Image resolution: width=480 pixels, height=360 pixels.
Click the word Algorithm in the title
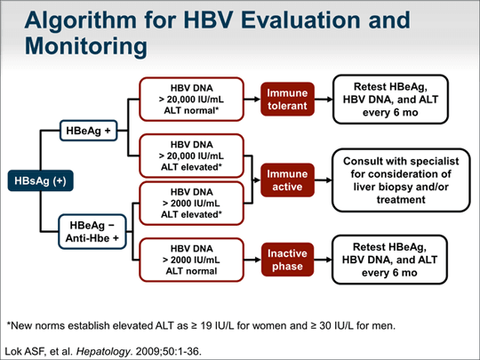79,20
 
